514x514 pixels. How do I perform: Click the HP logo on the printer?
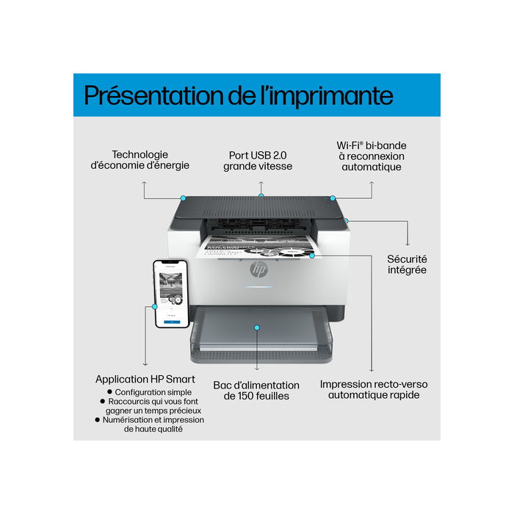tap(258, 269)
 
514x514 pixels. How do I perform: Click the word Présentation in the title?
tap(166, 95)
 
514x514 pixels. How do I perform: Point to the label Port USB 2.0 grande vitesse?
tap(258, 161)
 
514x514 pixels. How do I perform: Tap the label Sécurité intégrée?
tap(407, 264)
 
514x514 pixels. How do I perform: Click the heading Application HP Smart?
tap(145, 380)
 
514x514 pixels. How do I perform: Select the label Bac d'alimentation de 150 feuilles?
tap(256, 391)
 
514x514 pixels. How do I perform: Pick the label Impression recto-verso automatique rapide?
tap(374, 389)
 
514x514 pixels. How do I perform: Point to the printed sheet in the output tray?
tap(250, 250)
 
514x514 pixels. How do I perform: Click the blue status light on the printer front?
tap(258, 287)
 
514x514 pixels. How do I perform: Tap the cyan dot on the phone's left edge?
tap(154, 306)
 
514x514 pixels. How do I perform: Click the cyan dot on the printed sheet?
tap(312, 256)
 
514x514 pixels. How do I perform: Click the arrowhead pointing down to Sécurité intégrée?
tap(408, 244)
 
